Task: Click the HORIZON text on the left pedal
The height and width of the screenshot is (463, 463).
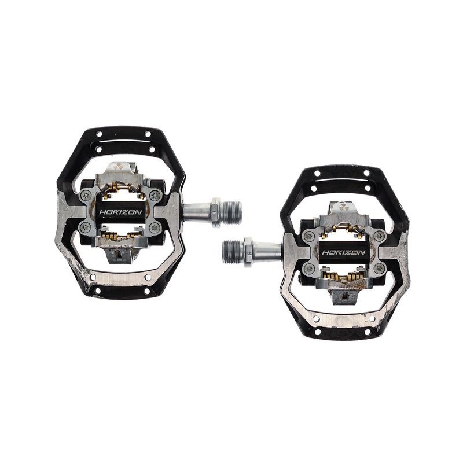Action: (120, 212)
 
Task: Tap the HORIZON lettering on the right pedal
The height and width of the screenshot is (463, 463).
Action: (343, 252)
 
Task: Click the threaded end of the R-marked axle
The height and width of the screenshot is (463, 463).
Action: (233, 251)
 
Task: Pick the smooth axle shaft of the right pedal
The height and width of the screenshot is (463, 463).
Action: (266, 251)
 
